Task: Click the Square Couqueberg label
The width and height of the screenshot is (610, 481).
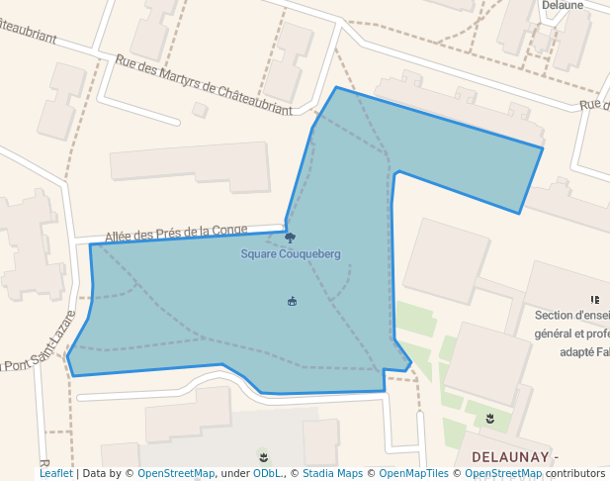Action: click(291, 254)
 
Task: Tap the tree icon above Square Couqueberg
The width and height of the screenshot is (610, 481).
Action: click(290, 238)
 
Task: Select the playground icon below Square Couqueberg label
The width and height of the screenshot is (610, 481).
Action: click(292, 301)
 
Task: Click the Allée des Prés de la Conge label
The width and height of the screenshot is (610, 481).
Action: click(176, 234)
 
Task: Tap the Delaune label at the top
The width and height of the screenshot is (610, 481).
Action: click(562, 5)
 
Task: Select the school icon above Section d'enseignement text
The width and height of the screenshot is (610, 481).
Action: click(595, 299)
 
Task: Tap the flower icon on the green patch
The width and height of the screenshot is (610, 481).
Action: click(489, 419)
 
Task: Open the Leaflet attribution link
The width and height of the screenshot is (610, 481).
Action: click(55, 473)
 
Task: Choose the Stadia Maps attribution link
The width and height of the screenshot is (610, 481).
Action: click(332, 473)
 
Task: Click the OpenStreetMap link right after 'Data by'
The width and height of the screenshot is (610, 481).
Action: click(176, 473)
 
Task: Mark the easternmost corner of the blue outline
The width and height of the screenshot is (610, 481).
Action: click(543, 148)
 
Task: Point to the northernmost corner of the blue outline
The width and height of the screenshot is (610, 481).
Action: click(336, 87)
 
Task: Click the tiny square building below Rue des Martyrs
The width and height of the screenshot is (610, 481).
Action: click(200, 109)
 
